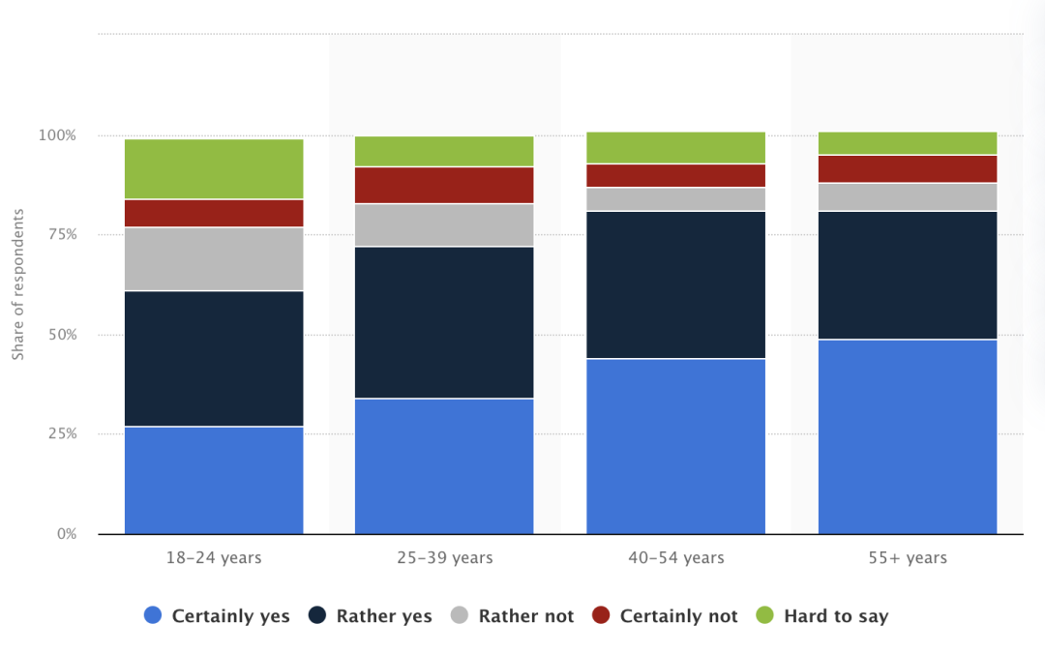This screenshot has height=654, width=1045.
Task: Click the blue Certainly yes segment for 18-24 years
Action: (x=214, y=480)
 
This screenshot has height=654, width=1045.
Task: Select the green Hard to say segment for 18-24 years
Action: (x=214, y=169)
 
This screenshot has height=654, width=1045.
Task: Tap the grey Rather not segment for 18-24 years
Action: (x=214, y=259)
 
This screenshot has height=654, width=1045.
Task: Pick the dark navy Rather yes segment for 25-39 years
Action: (x=444, y=322)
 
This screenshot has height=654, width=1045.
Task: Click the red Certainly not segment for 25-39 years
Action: (x=444, y=185)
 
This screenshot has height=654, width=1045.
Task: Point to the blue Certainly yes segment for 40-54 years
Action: (x=675, y=446)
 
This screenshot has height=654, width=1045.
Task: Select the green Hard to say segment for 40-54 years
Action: (x=675, y=148)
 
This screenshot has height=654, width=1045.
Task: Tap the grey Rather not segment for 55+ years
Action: (x=907, y=196)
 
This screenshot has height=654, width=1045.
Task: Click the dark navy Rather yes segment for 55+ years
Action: (x=907, y=275)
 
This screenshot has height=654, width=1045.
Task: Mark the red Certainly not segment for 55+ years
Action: (x=907, y=168)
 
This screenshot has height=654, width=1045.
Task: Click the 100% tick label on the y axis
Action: (x=57, y=135)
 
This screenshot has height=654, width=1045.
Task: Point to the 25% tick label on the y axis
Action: (x=61, y=433)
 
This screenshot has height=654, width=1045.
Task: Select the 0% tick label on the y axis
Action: (x=66, y=534)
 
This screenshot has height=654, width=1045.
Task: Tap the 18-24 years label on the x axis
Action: (x=214, y=558)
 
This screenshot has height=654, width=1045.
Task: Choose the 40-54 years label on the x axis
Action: (x=675, y=558)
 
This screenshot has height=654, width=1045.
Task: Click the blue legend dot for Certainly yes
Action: (x=153, y=615)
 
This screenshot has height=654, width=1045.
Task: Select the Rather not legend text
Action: (x=525, y=616)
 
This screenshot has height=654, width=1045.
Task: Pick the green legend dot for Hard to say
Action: (x=764, y=615)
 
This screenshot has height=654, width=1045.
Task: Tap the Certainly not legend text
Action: (x=678, y=616)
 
